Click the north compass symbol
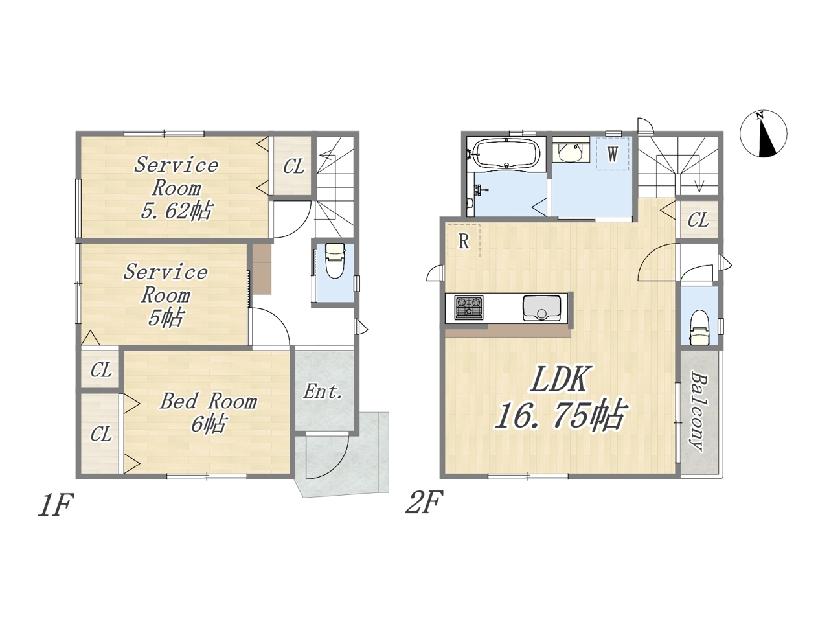point(763,133)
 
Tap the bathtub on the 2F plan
point(506,154)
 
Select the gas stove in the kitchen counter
point(469,307)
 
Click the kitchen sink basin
point(541,308)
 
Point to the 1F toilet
point(335,260)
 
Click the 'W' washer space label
point(612,154)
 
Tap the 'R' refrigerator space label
point(464,240)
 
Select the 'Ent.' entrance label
point(323,391)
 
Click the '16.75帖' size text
point(559,415)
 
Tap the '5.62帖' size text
point(176,211)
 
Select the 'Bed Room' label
point(209,402)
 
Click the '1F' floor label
point(55,505)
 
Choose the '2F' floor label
point(424,502)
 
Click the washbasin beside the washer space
point(571,152)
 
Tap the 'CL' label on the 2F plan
point(698,220)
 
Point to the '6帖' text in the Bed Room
point(209,424)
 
